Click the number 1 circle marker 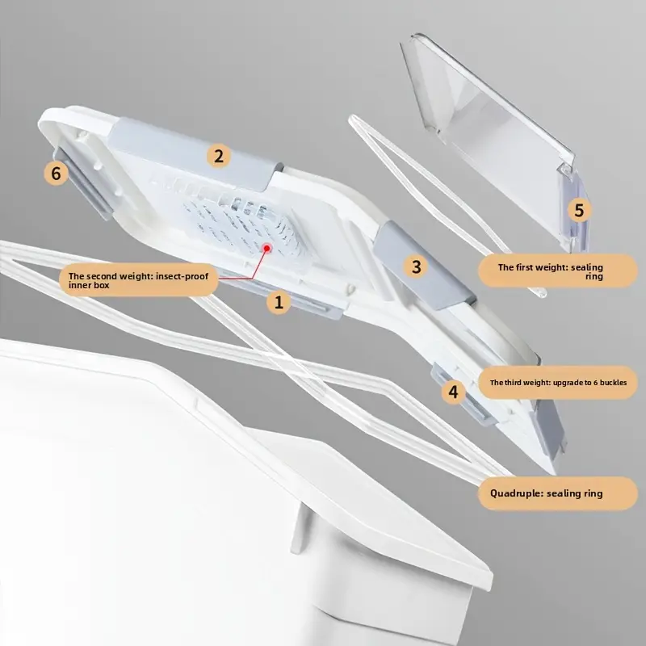click(x=279, y=302)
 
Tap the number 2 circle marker click(x=218, y=156)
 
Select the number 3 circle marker click(x=416, y=266)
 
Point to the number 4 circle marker click(x=453, y=392)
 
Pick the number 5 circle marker click(x=579, y=210)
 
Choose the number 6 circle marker click(x=56, y=173)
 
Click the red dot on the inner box click(x=267, y=248)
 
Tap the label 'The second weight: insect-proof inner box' click(x=138, y=280)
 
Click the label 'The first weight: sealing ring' click(x=558, y=271)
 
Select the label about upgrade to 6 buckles click(x=558, y=382)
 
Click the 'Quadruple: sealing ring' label click(x=558, y=493)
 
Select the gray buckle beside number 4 click(x=464, y=393)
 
